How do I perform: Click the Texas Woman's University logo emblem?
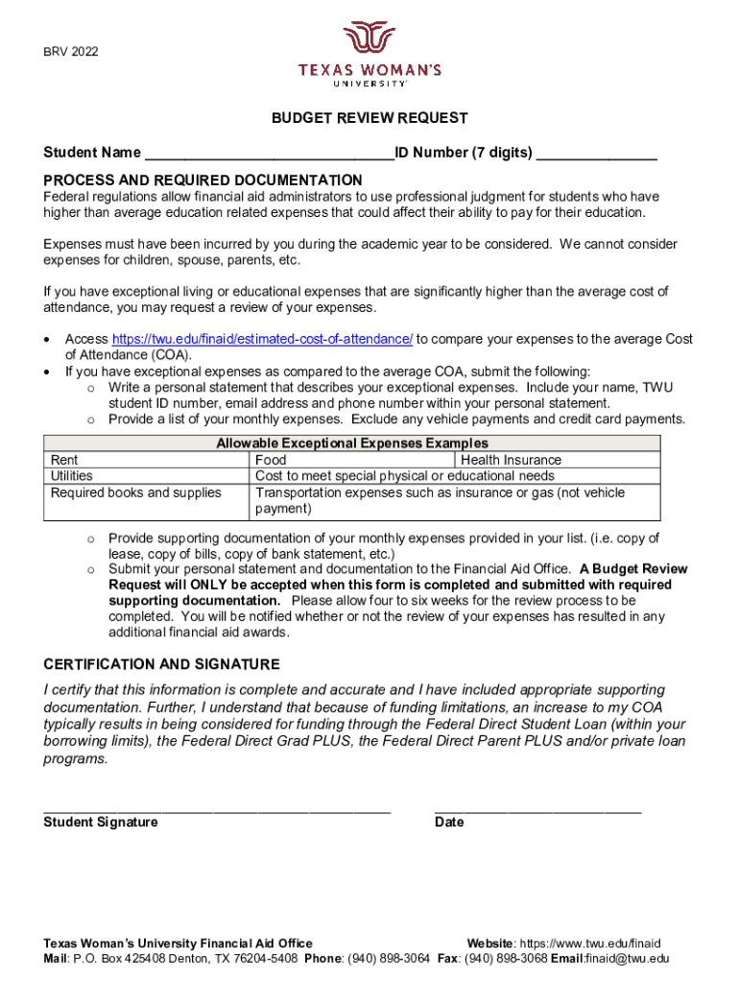[369, 39]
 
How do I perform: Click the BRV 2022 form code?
[70, 51]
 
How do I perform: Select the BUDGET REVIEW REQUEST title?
[369, 118]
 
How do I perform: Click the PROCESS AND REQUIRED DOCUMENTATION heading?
[203, 180]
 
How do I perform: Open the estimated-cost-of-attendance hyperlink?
[263, 339]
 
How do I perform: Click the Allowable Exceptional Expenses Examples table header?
[352, 443]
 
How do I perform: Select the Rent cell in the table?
[64, 460]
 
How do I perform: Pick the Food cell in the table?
[271, 460]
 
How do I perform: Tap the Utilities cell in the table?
[73, 476]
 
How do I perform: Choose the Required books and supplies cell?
[135, 492]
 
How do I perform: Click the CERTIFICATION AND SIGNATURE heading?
[161, 664]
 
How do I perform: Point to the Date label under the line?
[448, 822]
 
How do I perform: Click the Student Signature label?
[101, 822]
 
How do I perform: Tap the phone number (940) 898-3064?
[388, 958]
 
